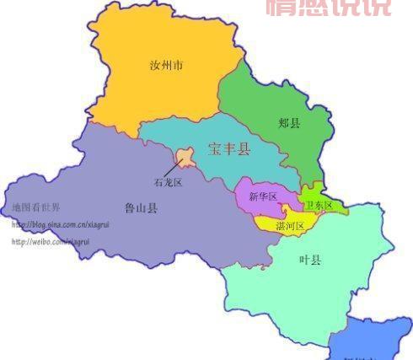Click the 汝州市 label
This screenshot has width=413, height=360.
pos(165,65)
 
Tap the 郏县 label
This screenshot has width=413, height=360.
pos(290,123)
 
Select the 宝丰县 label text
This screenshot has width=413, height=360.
pos(228,150)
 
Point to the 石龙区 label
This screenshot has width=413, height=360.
pos(168,181)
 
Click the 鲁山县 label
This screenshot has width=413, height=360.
pos(141,207)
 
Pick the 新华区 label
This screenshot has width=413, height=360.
pos(262,197)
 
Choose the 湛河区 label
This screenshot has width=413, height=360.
pos(290,226)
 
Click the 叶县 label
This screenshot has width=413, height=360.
pos(310,260)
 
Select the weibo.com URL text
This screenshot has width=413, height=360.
pos(50,241)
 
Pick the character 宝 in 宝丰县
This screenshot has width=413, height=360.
pos(214,150)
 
